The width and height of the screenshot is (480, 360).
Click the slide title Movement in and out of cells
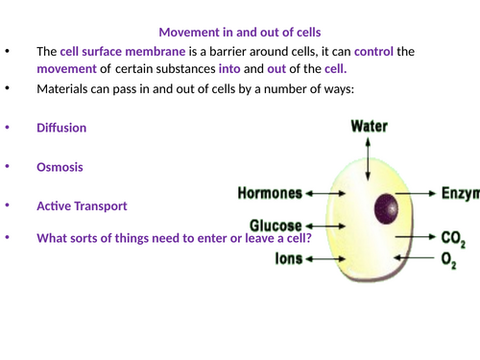click(239, 32)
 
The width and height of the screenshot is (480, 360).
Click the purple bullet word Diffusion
click(61, 127)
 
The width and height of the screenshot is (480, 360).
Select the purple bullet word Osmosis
click(60, 166)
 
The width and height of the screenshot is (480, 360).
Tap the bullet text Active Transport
click(82, 205)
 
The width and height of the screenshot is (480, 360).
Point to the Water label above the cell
click(369, 126)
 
